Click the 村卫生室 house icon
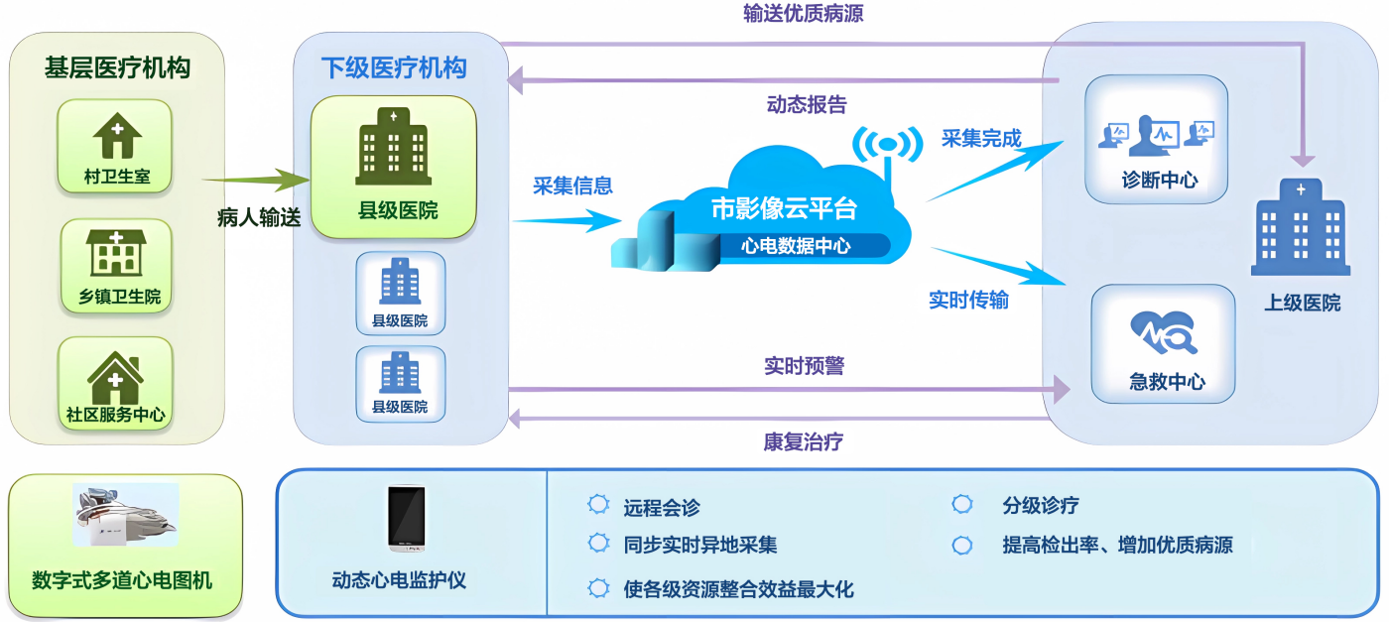(x=116, y=137)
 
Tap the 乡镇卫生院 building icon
(x=116, y=254)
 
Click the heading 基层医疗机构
(x=117, y=67)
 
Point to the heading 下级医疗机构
(x=394, y=67)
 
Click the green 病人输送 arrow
(x=256, y=180)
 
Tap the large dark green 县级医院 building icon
(x=393, y=148)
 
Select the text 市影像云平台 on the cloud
(x=784, y=208)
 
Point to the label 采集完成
(x=981, y=139)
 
